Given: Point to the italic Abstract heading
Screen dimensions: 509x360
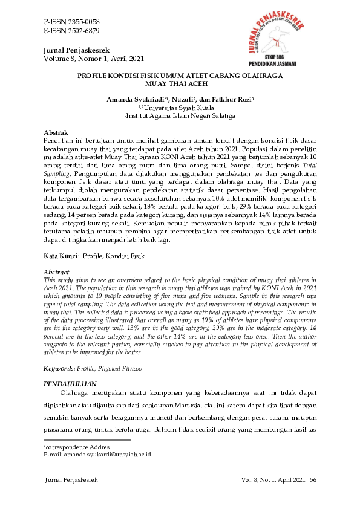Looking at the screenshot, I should click(57, 272).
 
